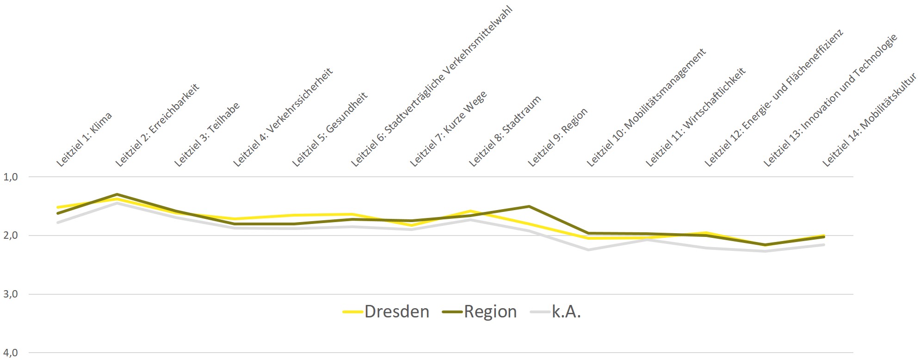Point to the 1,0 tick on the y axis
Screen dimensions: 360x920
(10, 177)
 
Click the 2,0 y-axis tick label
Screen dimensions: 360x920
(10, 236)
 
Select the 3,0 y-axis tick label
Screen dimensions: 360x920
(10, 294)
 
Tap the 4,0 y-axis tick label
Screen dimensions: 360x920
(10, 353)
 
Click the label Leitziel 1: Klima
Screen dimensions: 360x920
(84, 139)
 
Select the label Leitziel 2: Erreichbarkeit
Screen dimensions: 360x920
(157, 124)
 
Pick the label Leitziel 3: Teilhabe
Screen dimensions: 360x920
(207, 134)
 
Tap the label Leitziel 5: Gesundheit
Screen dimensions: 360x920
(330, 129)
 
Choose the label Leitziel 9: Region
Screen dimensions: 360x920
(558, 137)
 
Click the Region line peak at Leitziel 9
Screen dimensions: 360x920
(529, 206)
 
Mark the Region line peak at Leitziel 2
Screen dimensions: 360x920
(117, 194)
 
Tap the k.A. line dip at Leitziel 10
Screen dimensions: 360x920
(588, 250)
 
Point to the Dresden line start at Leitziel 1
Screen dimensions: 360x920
(58, 207)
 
